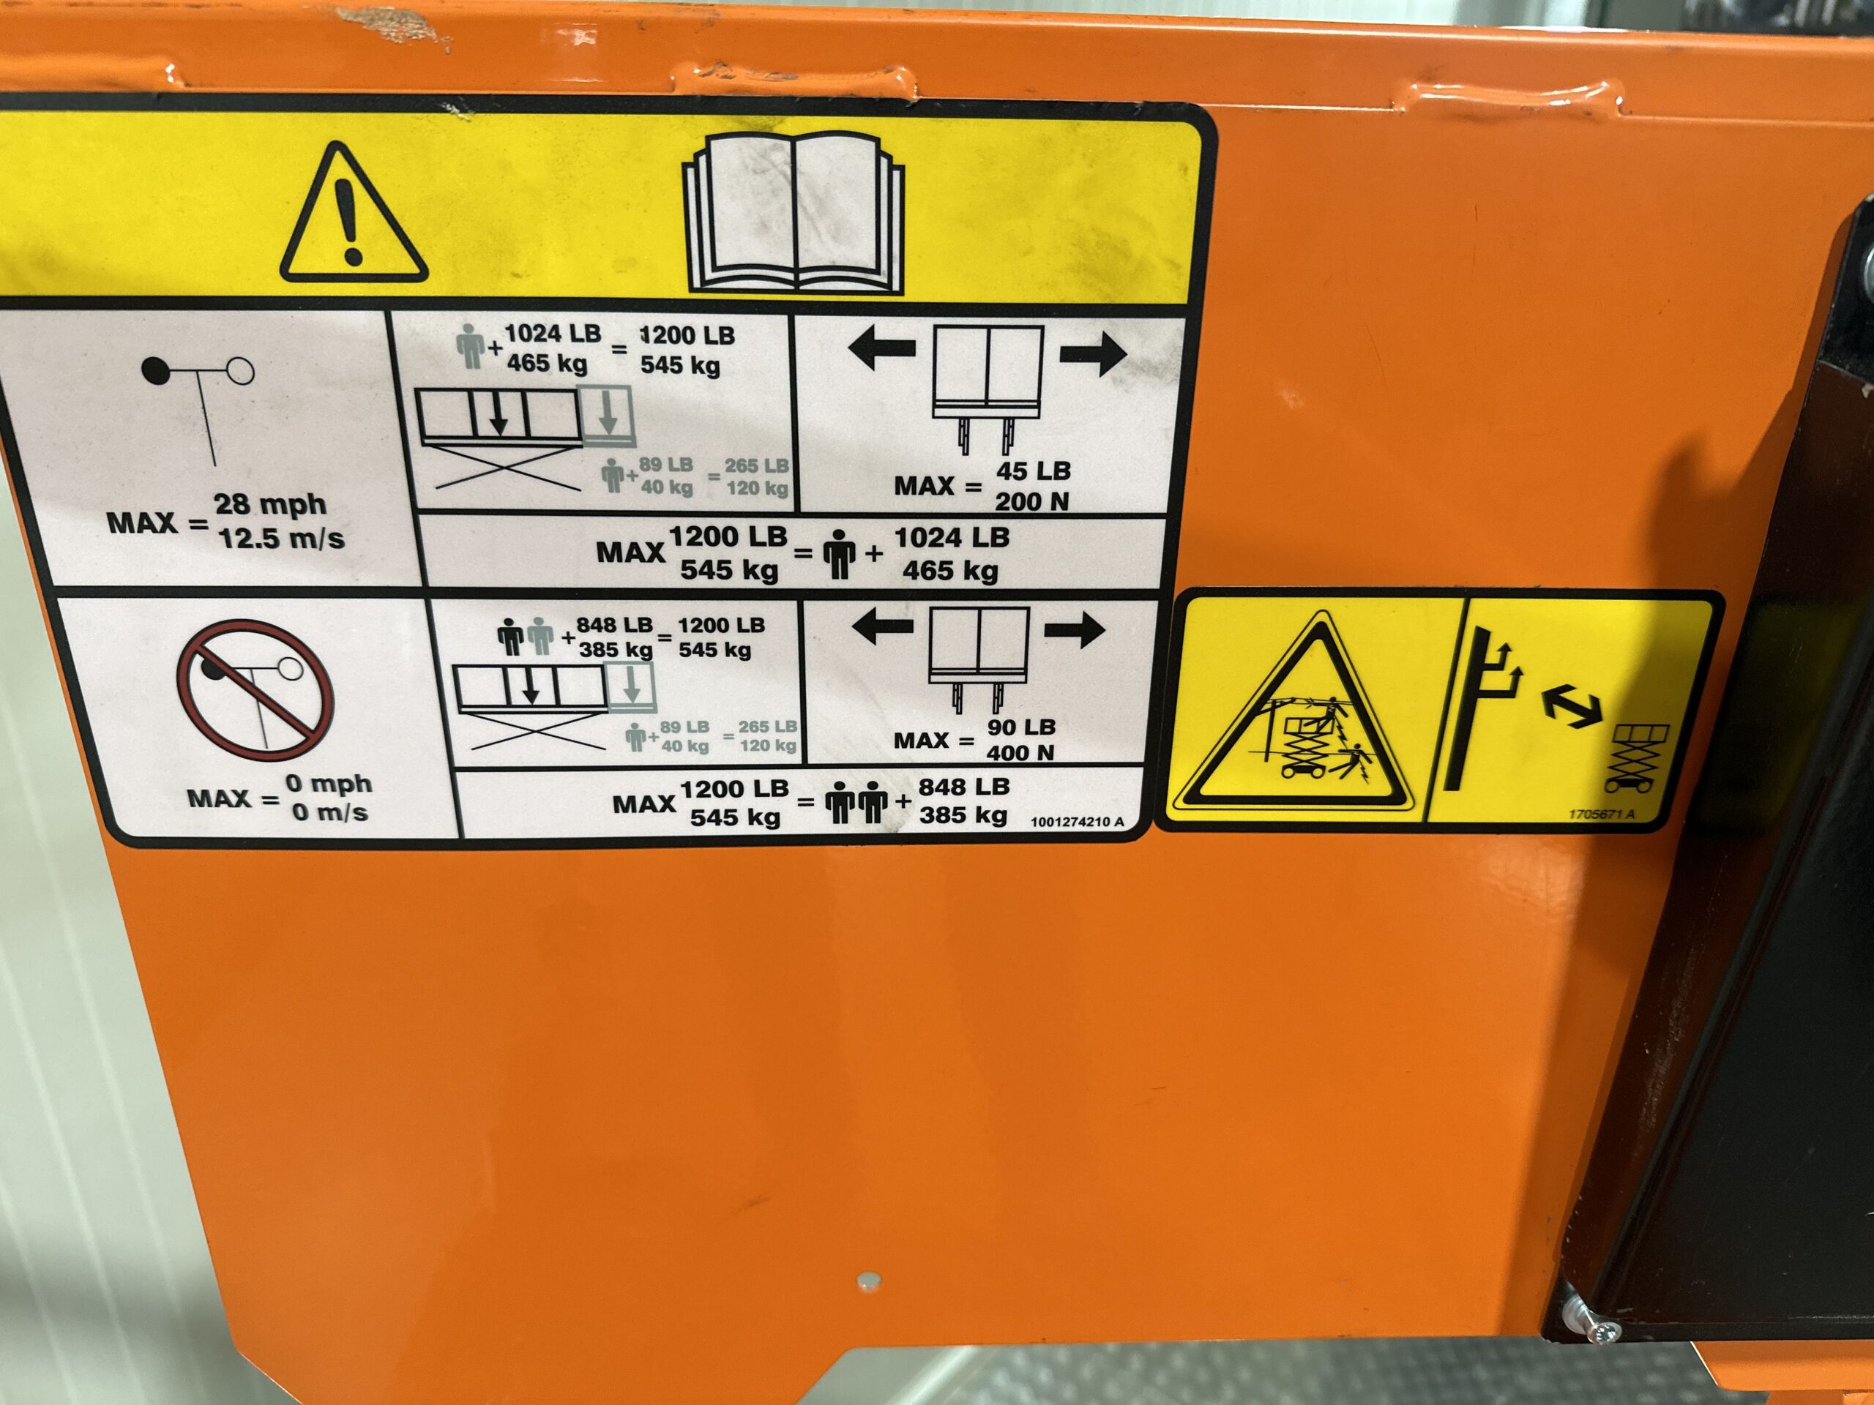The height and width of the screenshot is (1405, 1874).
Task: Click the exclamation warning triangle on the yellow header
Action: pyautogui.click(x=354, y=215)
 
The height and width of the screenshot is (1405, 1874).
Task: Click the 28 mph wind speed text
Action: pyautogui.click(x=269, y=504)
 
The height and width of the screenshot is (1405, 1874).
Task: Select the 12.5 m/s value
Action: pyautogui.click(x=282, y=539)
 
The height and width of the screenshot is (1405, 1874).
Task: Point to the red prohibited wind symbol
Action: pyautogui.click(x=254, y=690)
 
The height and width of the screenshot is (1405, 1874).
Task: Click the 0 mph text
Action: pyautogui.click(x=328, y=784)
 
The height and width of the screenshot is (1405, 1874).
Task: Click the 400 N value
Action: pyautogui.click(x=1020, y=752)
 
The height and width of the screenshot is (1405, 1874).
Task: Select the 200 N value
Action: pyautogui.click(x=1031, y=501)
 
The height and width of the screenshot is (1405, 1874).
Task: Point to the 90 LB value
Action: pyautogui.click(x=1021, y=727)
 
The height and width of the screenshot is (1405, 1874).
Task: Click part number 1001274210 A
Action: pyautogui.click(x=1078, y=822)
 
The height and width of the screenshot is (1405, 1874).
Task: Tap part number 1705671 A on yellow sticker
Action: pyautogui.click(x=1602, y=814)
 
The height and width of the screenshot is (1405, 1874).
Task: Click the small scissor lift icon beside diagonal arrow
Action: pyautogui.click(x=1638, y=758)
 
